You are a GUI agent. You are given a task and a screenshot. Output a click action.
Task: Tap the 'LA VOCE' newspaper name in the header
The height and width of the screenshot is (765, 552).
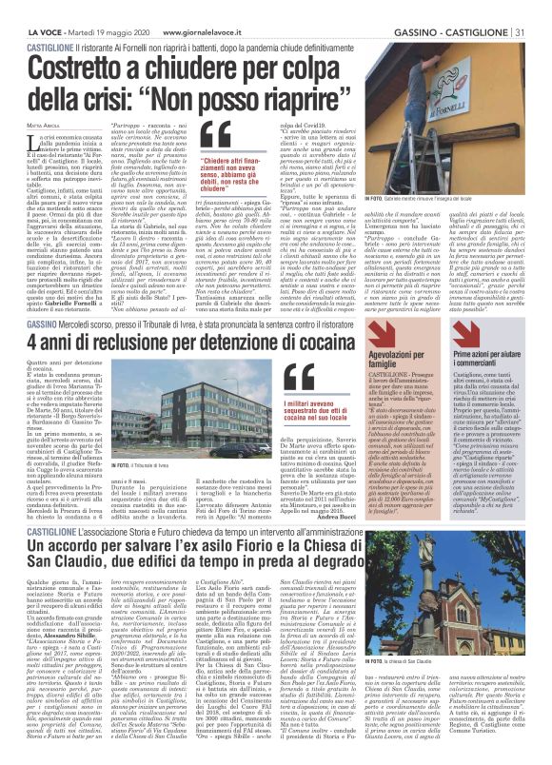[x=22, y=7]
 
